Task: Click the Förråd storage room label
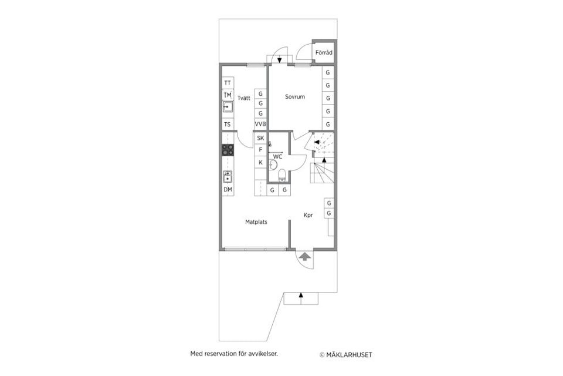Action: click(324, 52)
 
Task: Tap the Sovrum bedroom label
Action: click(295, 96)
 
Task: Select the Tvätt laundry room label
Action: click(244, 98)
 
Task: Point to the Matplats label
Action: click(256, 222)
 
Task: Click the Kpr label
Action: click(308, 215)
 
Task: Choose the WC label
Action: click(277, 157)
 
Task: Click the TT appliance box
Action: click(228, 83)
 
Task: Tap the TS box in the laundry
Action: click(228, 125)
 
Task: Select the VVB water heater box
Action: click(260, 124)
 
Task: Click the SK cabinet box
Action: click(260, 138)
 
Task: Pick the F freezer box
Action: click(260, 150)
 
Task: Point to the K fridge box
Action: click(260, 162)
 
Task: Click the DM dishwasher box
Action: click(228, 190)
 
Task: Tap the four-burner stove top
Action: click(228, 150)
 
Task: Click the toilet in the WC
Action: click(282, 175)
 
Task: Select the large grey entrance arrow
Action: click(305, 256)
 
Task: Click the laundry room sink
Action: click(228, 107)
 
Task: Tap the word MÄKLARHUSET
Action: click(349, 355)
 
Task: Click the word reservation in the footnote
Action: click(220, 354)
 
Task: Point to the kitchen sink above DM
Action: click(228, 177)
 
